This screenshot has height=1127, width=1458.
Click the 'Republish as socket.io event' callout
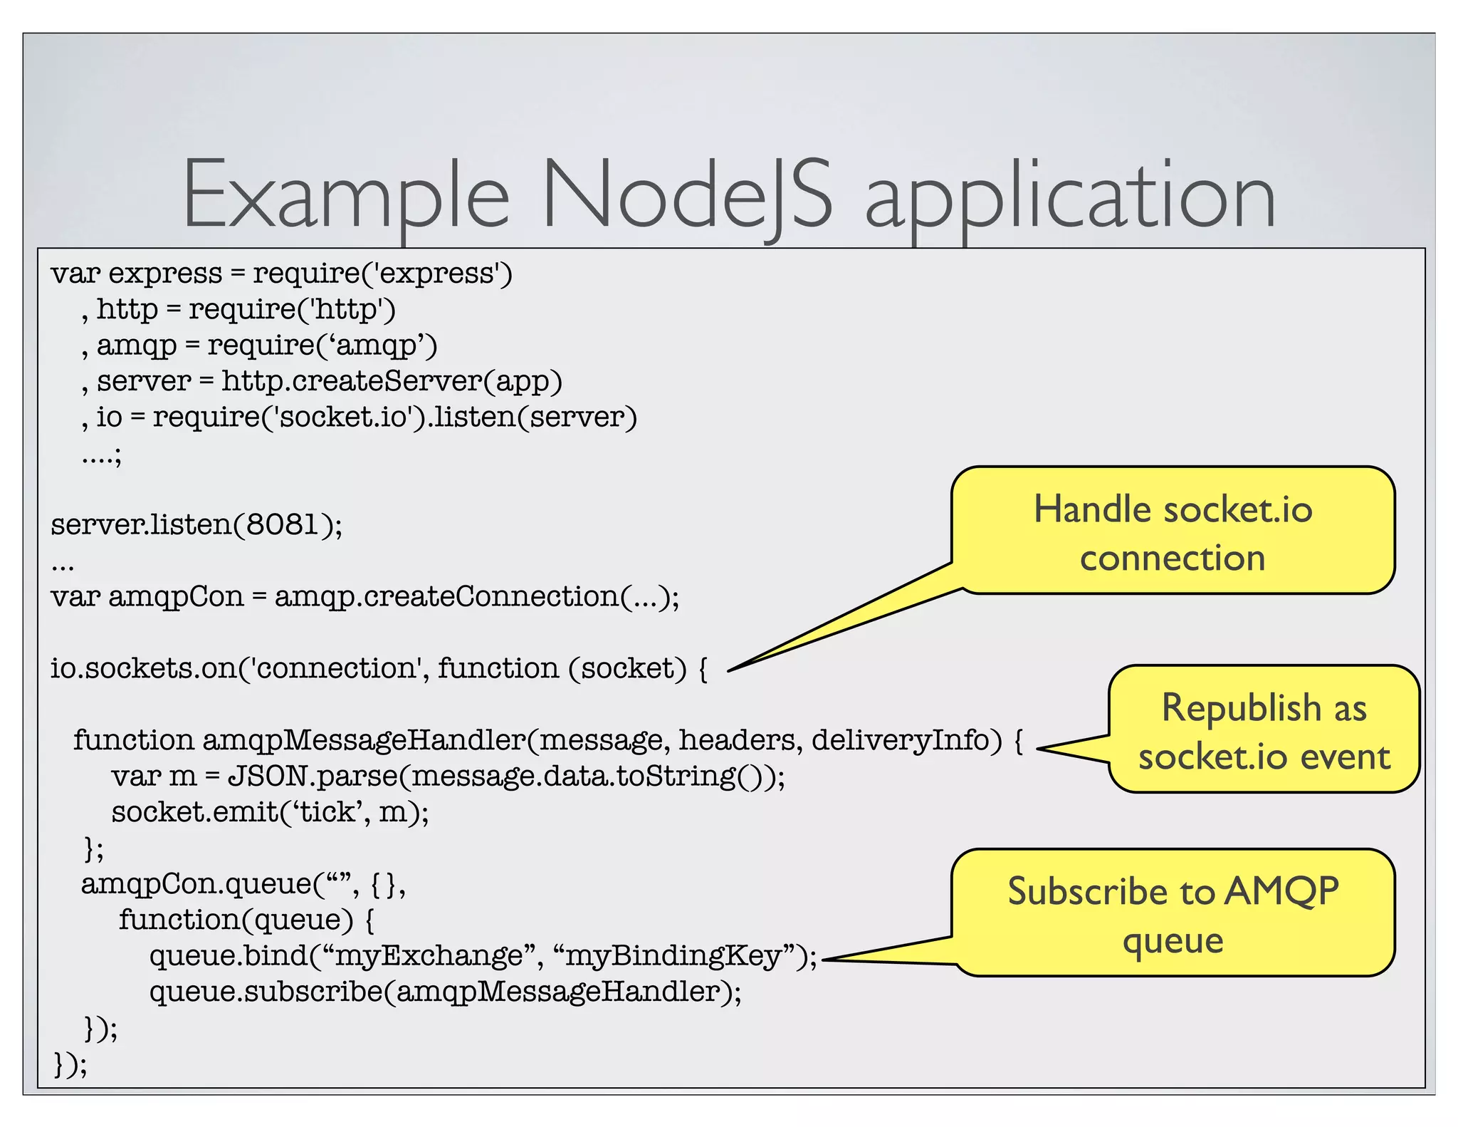tap(1263, 731)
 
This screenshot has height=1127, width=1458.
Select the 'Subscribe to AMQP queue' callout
tap(1172, 914)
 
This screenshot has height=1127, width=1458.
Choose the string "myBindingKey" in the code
tap(679, 956)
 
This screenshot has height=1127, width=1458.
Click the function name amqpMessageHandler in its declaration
tap(363, 740)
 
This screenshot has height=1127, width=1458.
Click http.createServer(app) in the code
tap(392, 381)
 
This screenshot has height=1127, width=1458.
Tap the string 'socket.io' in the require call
tap(340, 417)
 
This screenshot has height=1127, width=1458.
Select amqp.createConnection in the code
tap(446, 597)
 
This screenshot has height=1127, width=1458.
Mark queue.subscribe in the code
tap(266, 992)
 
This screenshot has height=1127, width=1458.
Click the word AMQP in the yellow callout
tap(1281, 890)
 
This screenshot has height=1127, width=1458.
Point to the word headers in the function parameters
tap(737, 740)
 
